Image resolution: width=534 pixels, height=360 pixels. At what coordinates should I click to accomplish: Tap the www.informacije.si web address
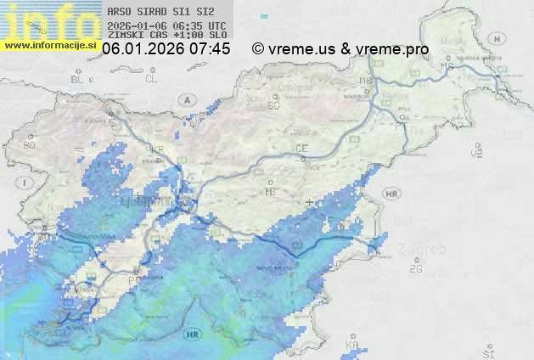click(49, 44)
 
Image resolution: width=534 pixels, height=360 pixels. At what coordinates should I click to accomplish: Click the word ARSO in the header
click(121, 12)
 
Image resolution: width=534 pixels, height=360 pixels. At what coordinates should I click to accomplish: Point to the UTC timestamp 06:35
click(187, 25)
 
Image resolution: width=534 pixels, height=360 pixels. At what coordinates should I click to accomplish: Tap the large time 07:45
click(210, 49)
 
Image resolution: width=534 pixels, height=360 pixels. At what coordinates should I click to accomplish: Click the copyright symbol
click(257, 49)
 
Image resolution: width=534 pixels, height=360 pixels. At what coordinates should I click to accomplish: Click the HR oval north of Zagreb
click(391, 194)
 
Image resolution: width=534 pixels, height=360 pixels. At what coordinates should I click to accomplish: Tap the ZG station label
click(416, 269)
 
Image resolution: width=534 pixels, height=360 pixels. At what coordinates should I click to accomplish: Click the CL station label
click(152, 79)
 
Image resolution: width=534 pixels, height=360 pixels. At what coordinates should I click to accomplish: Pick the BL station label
click(77, 79)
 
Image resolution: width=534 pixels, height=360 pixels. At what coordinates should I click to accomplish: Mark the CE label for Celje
click(301, 149)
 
